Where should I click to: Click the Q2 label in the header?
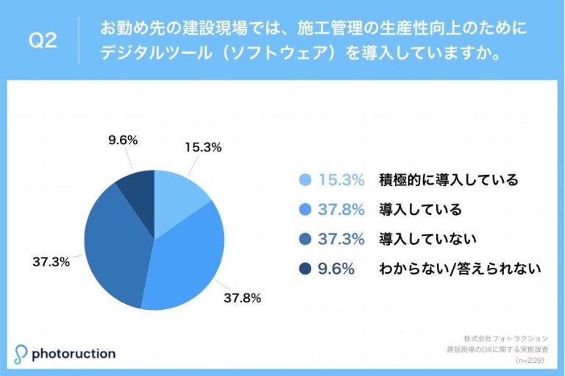pos(42,41)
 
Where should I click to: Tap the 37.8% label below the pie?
pos(245,297)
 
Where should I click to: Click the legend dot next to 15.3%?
pos(305,180)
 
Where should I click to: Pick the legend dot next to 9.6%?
pos(305,269)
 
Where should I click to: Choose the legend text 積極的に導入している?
pos(449,180)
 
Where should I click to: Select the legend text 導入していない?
pos(428,239)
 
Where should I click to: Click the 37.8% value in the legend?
pos(341,210)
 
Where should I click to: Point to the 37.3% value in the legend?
pos(341,239)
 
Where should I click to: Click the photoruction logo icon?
pos(21,353)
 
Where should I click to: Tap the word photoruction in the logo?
pos(74,354)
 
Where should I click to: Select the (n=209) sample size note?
pos(530,361)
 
